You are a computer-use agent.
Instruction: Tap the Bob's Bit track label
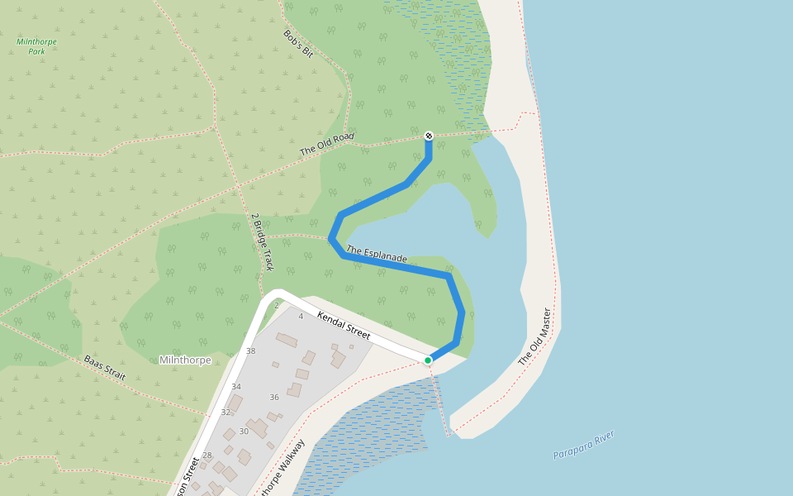pos(299,43)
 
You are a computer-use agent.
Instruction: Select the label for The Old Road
pos(327,145)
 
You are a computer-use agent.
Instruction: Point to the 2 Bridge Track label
pos(262,241)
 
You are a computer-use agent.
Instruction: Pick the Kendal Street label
pos(344,325)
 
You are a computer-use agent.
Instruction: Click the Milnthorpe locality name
pos(184,360)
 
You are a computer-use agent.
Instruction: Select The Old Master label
pos(534,337)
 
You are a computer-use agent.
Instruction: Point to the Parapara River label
pos(584,445)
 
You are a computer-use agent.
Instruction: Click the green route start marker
pos(428,360)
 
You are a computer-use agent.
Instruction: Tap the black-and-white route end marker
pos(429,136)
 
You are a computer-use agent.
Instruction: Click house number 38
pos(251,351)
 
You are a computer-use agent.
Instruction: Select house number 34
pos(236,387)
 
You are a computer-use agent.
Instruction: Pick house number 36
pos(274,397)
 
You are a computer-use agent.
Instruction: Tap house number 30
pos(244,431)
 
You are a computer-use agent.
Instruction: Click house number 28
pos(207,455)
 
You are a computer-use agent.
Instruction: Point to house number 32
pos(226,412)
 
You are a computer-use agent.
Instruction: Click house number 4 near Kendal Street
pos(301,317)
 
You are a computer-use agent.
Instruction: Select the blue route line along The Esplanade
pos(396,266)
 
